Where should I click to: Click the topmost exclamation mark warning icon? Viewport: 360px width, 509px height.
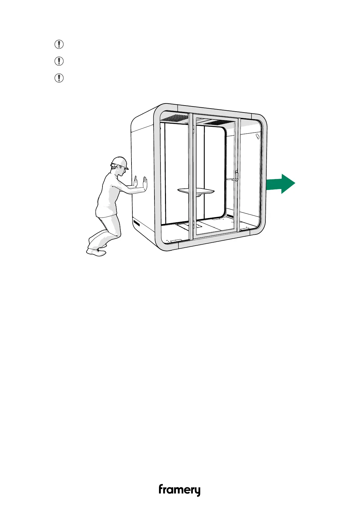pos(59,44)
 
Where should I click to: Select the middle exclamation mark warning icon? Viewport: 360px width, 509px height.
pos(59,61)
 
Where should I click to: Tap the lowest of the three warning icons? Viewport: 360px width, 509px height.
pos(59,78)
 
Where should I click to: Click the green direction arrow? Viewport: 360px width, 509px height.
pos(281,184)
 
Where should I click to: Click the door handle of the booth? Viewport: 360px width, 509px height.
pos(234,178)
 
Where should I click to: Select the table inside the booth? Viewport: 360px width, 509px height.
pos(196,191)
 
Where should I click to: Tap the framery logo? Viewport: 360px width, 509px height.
pos(180,489)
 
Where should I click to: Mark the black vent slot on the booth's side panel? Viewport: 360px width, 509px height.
pos(138,224)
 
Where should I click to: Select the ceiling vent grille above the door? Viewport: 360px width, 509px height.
pos(218,122)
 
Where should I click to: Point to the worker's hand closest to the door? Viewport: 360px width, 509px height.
pos(145,184)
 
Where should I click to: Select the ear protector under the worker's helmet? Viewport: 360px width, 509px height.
pos(114,166)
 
